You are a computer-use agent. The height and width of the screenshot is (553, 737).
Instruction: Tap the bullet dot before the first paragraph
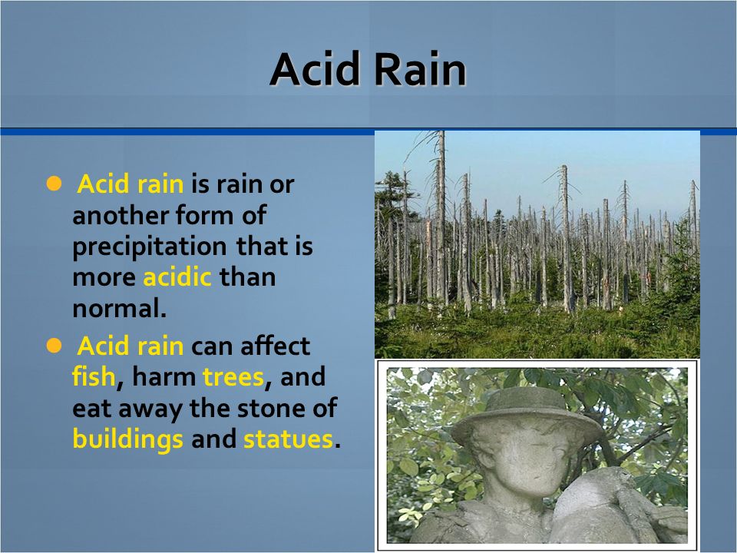pos(54,184)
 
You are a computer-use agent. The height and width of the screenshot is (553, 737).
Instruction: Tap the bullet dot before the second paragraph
pos(54,346)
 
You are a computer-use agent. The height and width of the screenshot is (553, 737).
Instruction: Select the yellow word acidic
pos(177,277)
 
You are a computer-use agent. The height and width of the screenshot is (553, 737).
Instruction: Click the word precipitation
pos(150,247)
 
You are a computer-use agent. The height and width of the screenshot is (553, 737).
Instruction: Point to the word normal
pos(120,309)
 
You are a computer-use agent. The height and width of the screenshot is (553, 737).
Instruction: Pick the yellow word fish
pos(94,376)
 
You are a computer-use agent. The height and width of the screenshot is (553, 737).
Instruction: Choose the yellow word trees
pos(233,377)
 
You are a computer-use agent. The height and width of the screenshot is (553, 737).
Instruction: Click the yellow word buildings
pos(128,439)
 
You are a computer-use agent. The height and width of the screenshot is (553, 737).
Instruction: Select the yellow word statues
pos(288,439)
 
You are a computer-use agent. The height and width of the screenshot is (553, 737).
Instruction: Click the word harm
pos(164,376)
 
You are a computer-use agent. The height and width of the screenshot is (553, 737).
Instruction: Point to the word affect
pos(275,346)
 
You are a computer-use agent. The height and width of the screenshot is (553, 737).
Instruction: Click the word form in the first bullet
pos(204,215)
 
